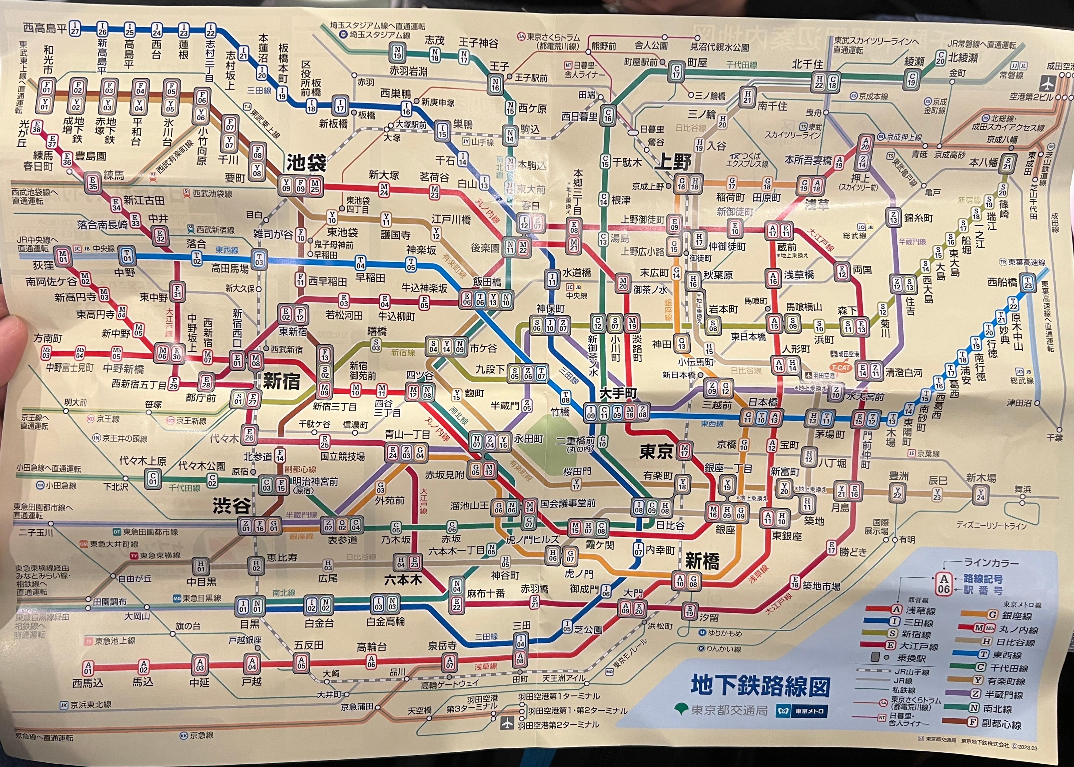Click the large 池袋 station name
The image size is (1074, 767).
click(x=306, y=163)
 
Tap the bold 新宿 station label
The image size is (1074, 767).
click(x=281, y=381)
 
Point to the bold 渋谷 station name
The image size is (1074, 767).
click(x=232, y=506)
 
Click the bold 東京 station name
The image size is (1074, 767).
click(x=656, y=452)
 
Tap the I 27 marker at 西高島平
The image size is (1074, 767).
click(x=75, y=28)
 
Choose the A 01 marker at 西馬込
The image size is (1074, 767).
click(x=88, y=667)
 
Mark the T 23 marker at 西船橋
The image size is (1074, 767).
click(x=1028, y=283)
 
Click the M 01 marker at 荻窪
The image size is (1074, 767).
click(x=63, y=256)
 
